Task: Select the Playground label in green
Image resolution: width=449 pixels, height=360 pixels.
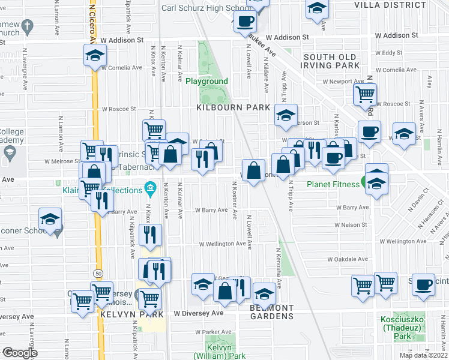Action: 206,81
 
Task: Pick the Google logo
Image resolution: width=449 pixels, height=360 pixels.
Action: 20,353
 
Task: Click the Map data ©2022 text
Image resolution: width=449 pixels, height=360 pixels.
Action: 423,355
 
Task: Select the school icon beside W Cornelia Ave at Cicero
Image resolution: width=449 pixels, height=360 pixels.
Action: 94,56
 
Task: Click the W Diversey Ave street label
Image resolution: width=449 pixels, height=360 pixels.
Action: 198,313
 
